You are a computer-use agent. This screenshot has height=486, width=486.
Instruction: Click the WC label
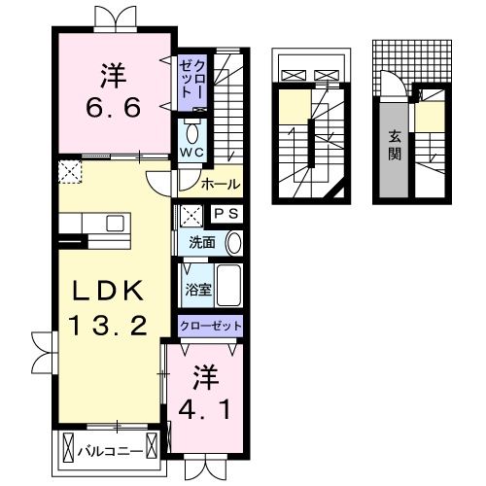coord(191,154)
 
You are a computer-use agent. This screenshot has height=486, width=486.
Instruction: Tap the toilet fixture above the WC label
coord(191,131)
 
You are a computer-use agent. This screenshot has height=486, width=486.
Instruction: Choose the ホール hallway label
coord(220,184)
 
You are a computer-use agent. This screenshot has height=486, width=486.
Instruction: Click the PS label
coord(225,214)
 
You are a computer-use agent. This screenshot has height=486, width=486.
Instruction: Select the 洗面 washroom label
coord(201,242)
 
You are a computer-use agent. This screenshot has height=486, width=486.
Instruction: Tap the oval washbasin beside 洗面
coord(233,243)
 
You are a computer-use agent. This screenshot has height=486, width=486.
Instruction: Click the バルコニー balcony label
coord(117,451)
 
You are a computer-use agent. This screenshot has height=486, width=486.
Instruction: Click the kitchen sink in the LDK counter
coord(115,224)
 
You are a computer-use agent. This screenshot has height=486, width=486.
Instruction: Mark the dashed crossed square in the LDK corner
coord(70,172)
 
